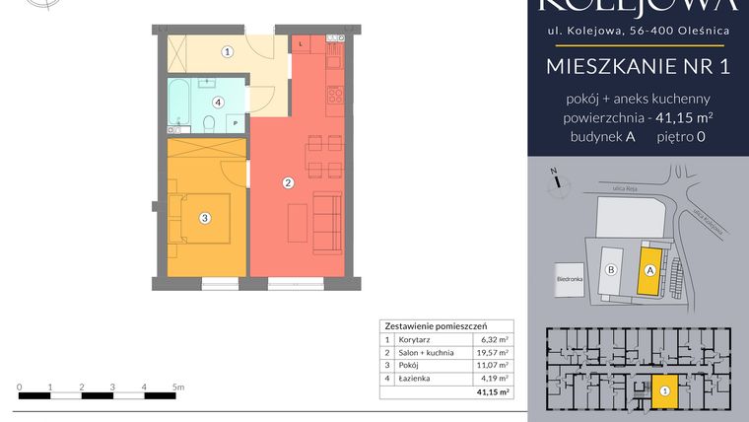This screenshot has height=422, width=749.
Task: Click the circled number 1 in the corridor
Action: (x=227, y=51)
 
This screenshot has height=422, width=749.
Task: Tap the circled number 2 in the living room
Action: (x=288, y=182)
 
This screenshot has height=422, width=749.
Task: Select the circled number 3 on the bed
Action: (x=205, y=218)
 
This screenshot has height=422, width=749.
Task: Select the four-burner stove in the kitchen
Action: (x=335, y=96)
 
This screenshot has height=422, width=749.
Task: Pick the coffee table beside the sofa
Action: (x=296, y=221)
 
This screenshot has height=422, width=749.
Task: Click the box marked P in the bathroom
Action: (x=235, y=122)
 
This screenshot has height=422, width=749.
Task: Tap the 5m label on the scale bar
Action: (x=177, y=387)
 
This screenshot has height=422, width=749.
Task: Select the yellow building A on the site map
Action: (x=649, y=269)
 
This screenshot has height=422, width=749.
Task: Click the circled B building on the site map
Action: (x=611, y=269)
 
